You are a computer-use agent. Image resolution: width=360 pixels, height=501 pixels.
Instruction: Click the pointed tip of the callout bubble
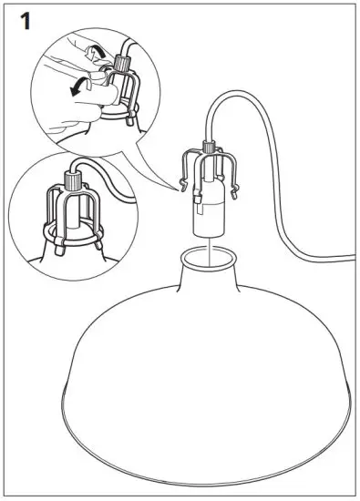(x=177, y=189)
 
